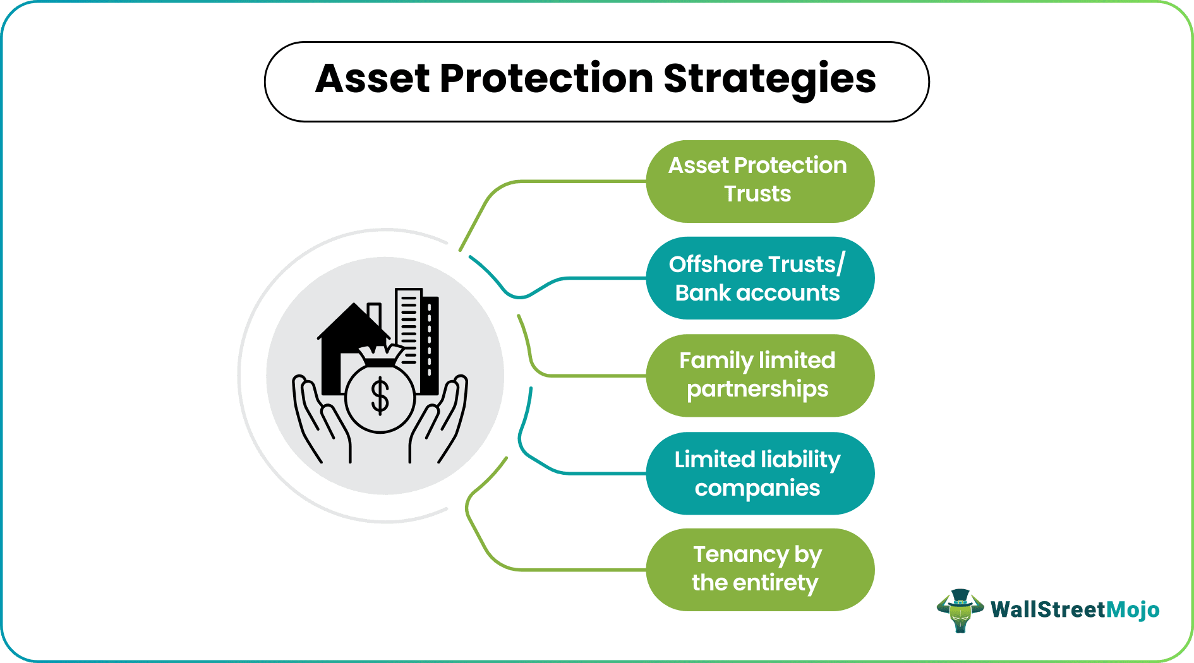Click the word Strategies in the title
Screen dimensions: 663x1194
[x=769, y=80]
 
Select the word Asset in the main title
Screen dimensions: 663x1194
[x=373, y=80]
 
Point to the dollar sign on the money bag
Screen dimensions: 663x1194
[x=380, y=397]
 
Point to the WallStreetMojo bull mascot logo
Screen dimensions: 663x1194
[x=960, y=610]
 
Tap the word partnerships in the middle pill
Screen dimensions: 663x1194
[x=757, y=390]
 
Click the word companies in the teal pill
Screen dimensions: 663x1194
[x=757, y=488]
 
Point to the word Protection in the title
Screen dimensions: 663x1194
[x=546, y=80]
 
